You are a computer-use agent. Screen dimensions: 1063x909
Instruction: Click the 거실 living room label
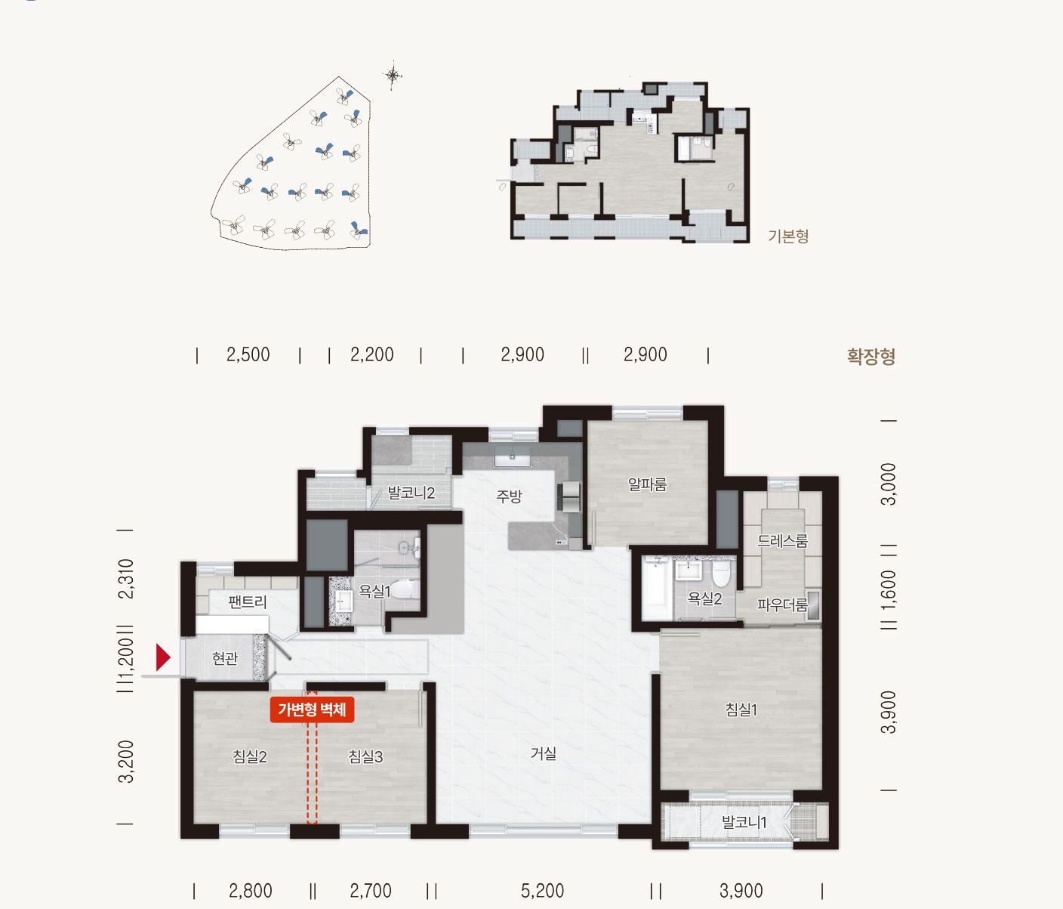(x=543, y=754)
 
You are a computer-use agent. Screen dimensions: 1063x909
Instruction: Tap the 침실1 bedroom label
(x=741, y=710)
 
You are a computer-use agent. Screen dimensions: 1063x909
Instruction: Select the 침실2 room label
(x=250, y=756)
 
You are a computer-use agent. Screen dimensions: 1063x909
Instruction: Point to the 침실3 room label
(x=365, y=756)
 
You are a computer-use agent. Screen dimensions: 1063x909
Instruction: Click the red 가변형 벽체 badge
(x=312, y=710)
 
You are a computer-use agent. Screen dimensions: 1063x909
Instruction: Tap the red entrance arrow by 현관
(x=163, y=657)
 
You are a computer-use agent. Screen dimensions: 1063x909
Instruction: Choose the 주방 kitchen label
(x=509, y=496)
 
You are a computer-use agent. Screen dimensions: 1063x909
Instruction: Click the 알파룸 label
(x=648, y=484)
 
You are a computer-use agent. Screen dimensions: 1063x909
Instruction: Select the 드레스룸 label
(x=783, y=540)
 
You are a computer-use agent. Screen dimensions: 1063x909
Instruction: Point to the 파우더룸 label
(x=782, y=604)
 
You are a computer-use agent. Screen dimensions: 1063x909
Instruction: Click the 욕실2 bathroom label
(x=704, y=598)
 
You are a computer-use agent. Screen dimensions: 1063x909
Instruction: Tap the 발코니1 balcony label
(x=744, y=822)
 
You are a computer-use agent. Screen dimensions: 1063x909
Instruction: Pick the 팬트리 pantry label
(x=248, y=601)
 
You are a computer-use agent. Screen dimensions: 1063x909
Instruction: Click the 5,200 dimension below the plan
(x=543, y=891)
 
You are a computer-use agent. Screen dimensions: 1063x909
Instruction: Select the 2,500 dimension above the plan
(x=248, y=354)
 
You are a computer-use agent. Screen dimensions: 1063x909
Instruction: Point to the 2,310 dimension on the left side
(x=126, y=579)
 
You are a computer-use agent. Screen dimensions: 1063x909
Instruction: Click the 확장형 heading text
(x=871, y=356)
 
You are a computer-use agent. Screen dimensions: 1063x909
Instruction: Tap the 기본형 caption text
(x=788, y=237)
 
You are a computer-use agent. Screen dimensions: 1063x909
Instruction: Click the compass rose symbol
(x=393, y=76)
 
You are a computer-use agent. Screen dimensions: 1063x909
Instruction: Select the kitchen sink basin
(x=512, y=456)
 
